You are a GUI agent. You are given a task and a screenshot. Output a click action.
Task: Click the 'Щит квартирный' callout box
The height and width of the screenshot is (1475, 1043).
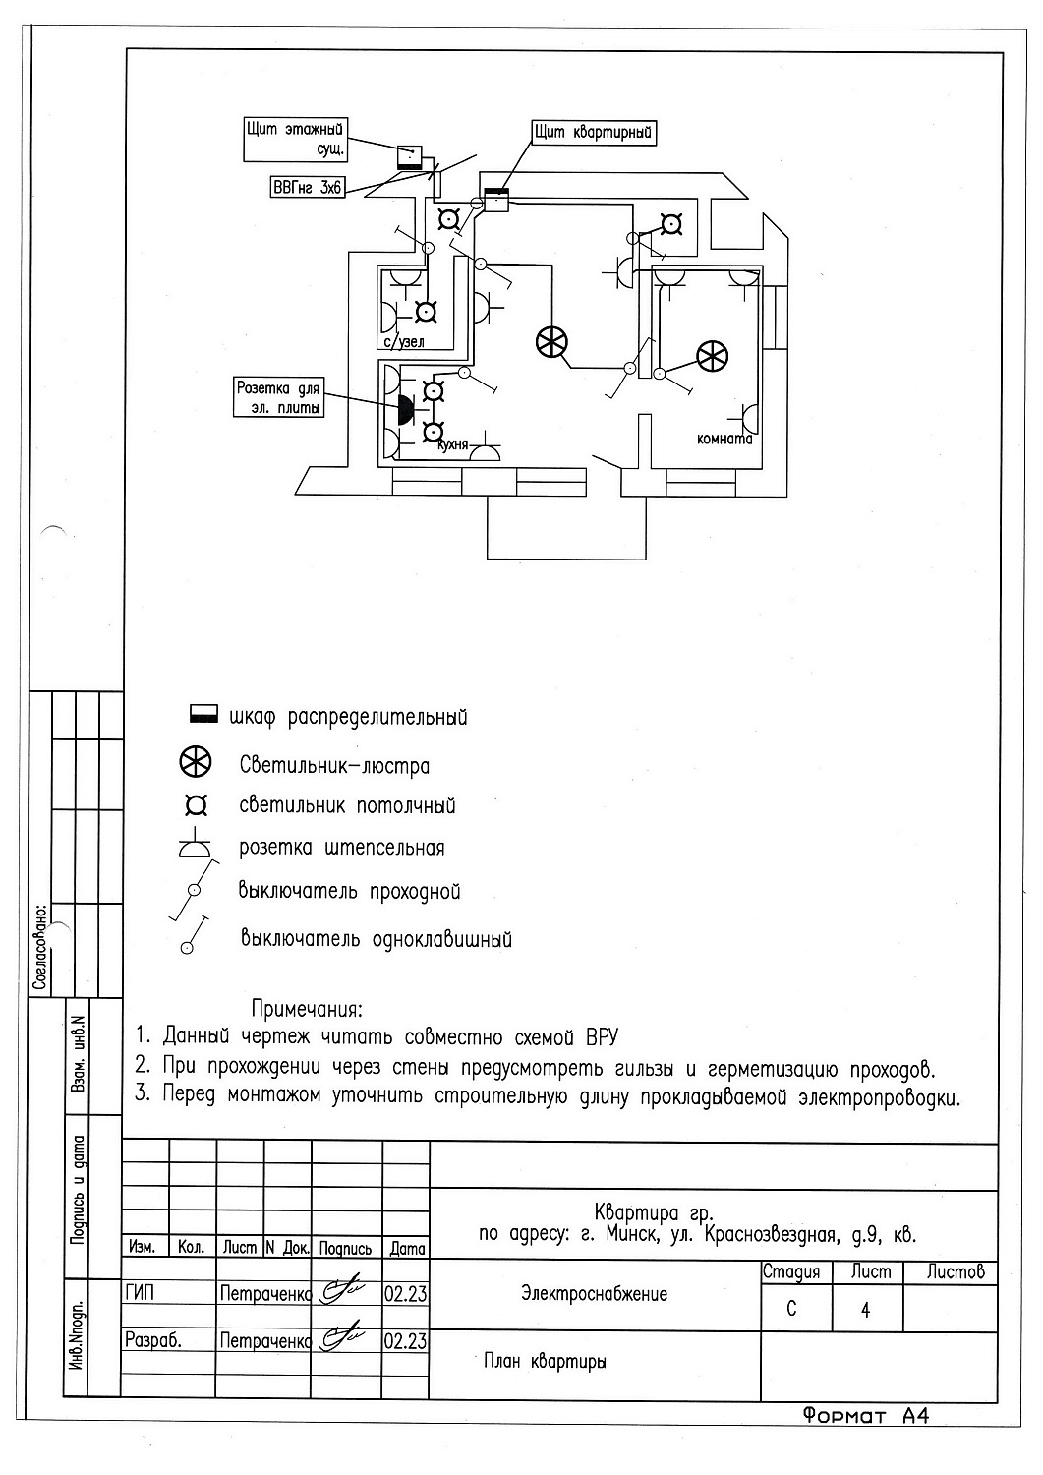tap(594, 133)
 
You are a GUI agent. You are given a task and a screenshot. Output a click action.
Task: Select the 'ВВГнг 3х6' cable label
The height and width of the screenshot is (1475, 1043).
tap(306, 187)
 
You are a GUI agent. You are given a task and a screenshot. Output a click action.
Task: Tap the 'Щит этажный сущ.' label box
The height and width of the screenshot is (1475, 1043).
tap(298, 140)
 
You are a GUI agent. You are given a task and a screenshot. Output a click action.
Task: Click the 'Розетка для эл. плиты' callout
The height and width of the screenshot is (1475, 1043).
tap(280, 398)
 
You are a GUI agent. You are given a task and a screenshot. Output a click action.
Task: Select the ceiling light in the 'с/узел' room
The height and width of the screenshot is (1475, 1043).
tap(426, 313)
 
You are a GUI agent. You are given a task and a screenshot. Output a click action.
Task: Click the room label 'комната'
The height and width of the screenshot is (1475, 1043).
tap(724, 440)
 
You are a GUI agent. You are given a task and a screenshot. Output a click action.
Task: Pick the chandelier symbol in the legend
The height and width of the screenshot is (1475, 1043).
tap(196, 763)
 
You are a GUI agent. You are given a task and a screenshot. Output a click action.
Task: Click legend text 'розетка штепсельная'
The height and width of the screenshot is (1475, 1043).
tap(341, 848)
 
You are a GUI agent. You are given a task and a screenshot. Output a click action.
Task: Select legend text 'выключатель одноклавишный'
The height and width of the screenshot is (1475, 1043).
tap(376, 938)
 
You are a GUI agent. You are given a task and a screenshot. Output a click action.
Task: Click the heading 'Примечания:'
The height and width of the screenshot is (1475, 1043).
tap(308, 1010)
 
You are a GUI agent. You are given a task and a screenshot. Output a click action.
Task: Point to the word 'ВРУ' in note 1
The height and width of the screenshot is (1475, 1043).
tap(603, 1037)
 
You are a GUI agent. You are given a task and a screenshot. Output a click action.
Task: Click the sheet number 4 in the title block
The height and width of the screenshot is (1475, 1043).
tap(865, 1311)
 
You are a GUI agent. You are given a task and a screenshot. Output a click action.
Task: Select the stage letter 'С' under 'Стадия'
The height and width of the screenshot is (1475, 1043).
tap(792, 1311)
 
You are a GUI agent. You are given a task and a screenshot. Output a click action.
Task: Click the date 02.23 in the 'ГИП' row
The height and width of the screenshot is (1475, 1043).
tap(405, 1294)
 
